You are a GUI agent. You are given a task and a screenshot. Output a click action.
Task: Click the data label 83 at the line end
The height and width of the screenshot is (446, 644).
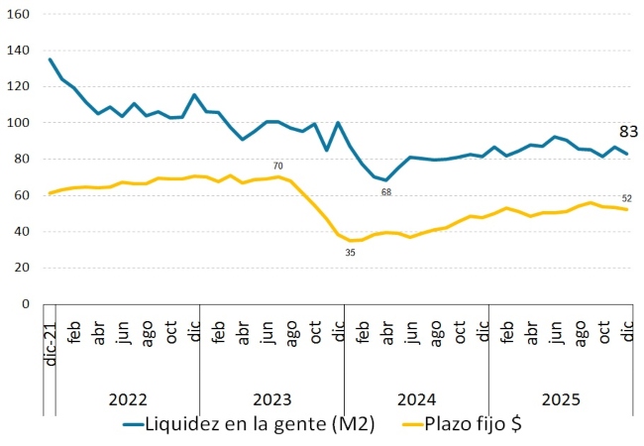coord(628,131)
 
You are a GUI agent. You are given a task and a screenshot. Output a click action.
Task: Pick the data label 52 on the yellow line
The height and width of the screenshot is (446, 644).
coord(627,198)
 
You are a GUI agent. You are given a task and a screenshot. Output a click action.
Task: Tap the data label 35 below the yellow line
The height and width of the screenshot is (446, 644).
coord(350,253)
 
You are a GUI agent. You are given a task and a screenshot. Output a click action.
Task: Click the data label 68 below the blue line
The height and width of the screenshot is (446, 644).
coord(386,191)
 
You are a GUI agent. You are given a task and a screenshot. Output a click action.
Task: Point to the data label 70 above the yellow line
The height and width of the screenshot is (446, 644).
coord(279,166)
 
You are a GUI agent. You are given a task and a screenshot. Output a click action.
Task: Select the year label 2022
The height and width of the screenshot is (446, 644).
coord(128,400)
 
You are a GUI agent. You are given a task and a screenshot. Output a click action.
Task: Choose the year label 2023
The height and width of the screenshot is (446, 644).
coord(271,400)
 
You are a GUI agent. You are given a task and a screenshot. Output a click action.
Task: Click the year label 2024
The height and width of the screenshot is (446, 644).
coord(416,400)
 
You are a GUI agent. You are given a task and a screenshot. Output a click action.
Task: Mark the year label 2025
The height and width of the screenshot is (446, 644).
coord(560,400)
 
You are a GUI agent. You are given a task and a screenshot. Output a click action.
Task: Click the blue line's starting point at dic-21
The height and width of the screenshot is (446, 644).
coord(51,59)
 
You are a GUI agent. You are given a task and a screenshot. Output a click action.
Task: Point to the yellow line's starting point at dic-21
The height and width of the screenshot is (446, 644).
coord(51,193)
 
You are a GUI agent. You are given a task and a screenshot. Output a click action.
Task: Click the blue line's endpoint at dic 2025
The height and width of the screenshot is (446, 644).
coord(627,154)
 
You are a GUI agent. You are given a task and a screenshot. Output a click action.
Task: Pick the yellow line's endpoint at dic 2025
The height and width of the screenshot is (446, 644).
coord(627,209)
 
